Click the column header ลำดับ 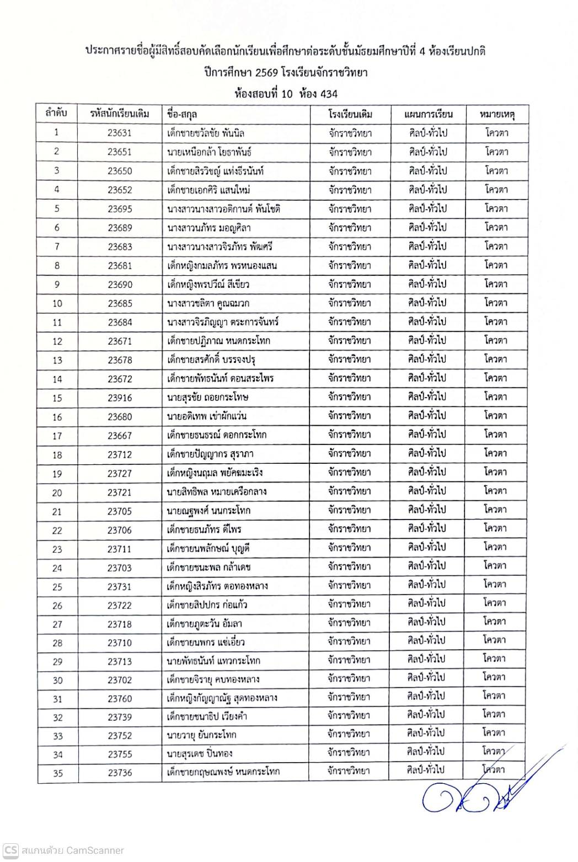pos(57,114)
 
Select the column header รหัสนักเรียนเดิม pos(120,114)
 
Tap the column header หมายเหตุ pos(496,114)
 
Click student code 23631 pos(120,133)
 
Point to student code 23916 pos(120,398)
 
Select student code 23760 pos(120,699)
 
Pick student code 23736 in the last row pos(120,773)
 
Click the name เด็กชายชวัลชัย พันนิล pos(206,133)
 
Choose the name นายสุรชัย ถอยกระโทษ pos(207,397)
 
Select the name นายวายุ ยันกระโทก pos(201,735)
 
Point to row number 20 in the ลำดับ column pos(57,492)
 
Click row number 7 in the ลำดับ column pos(57,247)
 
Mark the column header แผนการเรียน pos(428,114)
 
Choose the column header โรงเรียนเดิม pos(350,114)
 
